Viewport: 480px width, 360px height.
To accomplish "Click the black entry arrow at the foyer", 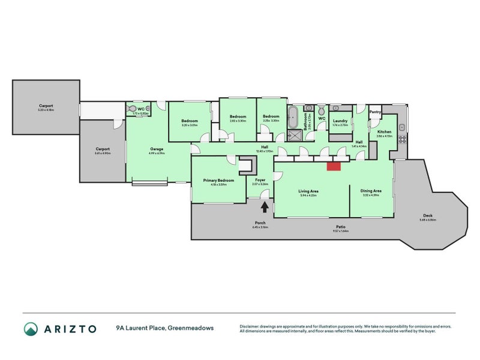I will pyautogui.click(x=264, y=206).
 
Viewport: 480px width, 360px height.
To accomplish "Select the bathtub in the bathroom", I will pyautogui.click(x=294, y=115).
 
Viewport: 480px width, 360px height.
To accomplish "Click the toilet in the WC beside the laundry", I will pyautogui.click(x=321, y=111).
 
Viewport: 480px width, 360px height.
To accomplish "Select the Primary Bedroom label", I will pyautogui.click(x=218, y=180).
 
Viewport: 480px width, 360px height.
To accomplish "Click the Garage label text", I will pyautogui.click(x=157, y=149).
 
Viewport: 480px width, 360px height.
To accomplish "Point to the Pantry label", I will pyautogui.click(x=376, y=112).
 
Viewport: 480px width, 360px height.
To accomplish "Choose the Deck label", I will pyautogui.click(x=428, y=216).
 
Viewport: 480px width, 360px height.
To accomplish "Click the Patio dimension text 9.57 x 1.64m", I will pyautogui.click(x=340, y=231).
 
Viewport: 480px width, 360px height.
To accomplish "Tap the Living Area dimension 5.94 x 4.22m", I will pyautogui.click(x=308, y=195).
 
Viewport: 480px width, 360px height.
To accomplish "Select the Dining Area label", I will pyautogui.click(x=372, y=191).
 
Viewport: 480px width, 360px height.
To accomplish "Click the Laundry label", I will pyautogui.click(x=340, y=121).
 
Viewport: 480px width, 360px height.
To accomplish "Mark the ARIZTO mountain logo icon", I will pyautogui.click(x=31, y=328).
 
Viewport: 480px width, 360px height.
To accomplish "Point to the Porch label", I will pyautogui.click(x=260, y=223).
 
